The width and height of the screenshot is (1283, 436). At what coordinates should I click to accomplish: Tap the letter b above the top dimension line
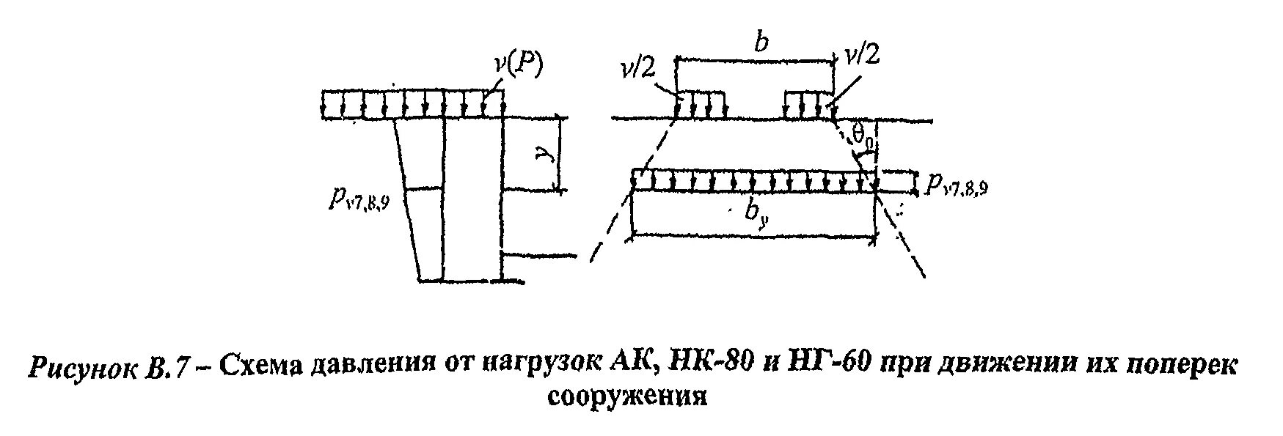762,43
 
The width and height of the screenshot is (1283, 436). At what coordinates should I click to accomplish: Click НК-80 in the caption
707,364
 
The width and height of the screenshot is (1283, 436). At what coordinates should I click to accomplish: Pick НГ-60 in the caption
826,364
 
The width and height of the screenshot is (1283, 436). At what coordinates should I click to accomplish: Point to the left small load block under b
701,104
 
